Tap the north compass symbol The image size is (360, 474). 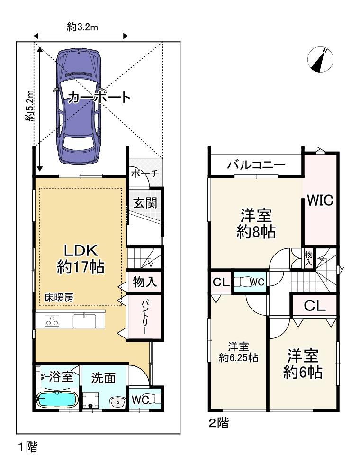pyautogui.click(x=320, y=59)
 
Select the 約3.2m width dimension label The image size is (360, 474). pyautogui.click(x=82, y=27)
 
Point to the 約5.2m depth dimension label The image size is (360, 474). pyautogui.click(x=29, y=106)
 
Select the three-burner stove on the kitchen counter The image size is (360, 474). pyautogui.click(x=52, y=320)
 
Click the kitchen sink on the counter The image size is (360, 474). pyautogui.click(x=84, y=321)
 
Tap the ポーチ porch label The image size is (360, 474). pyautogui.click(x=144, y=174)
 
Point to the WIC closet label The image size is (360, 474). pyautogui.click(x=320, y=200)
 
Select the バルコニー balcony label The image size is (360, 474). pyautogui.click(x=256, y=165)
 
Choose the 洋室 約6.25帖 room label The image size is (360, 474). pyautogui.click(x=238, y=352)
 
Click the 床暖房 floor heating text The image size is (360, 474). pyautogui.click(x=59, y=298)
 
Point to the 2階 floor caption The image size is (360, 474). pyautogui.click(x=219, y=423)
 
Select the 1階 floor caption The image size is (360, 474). pyautogui.click(x=28, y=447)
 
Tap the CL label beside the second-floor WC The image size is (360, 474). pyautogui.click(x=221, y=283)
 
